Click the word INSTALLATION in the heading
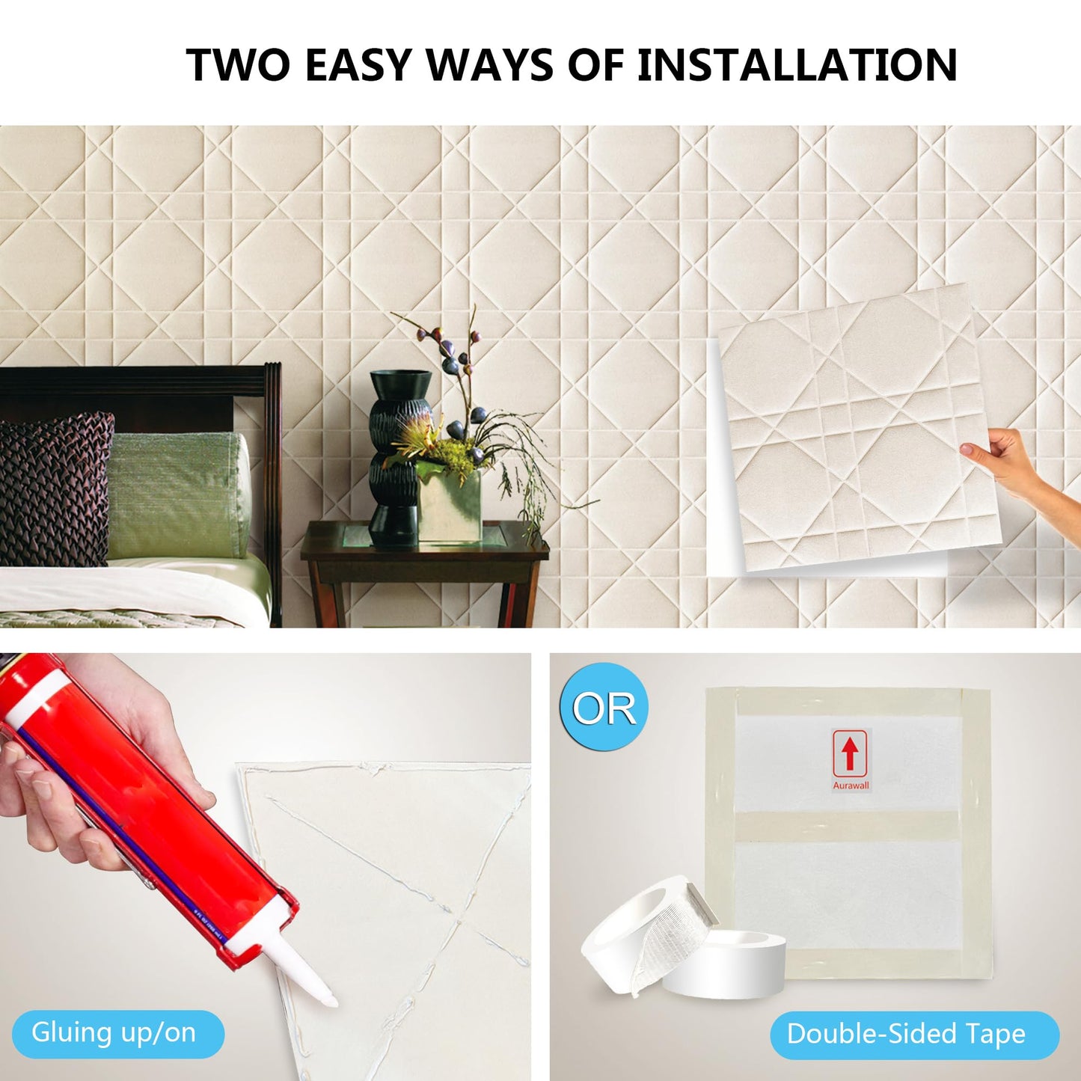(797, 64)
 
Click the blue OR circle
(604, 708)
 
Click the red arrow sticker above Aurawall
(851, 754)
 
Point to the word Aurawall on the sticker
(851, 786)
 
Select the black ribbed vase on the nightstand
(399, 457)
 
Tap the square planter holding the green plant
(449, 505)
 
